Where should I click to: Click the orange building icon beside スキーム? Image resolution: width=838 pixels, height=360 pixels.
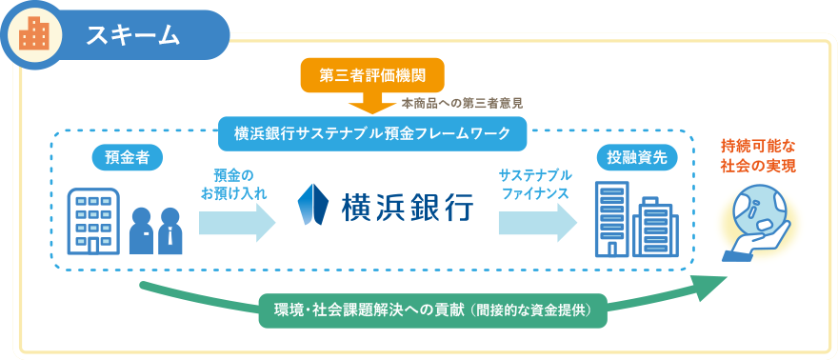coord(35,35)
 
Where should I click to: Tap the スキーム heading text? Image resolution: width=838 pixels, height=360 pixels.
coord(133,35)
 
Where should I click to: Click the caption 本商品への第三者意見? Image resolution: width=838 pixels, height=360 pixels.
coord(463,102)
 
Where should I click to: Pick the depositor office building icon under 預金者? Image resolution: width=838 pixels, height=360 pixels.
coord(93,221)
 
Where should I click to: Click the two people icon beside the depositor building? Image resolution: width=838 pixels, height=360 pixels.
coord(155,230)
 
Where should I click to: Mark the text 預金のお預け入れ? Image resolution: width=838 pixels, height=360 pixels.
coord(233,184)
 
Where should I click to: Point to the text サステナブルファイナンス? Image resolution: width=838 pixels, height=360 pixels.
coord(534,184)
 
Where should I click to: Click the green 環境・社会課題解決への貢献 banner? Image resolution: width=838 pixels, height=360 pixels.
coord(433,310)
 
